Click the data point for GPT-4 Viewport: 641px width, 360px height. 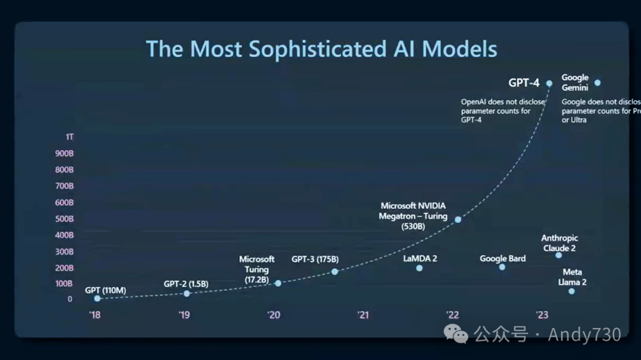(550, 83)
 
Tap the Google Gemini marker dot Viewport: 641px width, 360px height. (598, 83)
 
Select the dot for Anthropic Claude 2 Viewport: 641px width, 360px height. (559, 255)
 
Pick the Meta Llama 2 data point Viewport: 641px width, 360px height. (572, 291)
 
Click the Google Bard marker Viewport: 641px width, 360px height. (502, 267)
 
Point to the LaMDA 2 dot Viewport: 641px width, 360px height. (420, 268)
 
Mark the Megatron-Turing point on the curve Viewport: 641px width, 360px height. (458, 219)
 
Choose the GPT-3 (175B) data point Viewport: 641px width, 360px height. (335, 272)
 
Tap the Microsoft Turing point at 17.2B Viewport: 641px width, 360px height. (278, 283)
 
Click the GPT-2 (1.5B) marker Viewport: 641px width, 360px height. (187, 294)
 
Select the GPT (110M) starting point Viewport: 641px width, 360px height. (97, 298)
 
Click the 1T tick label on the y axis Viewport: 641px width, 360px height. (70, 137)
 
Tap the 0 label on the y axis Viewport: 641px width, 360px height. (70, 300)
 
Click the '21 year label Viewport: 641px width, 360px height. (363, 315)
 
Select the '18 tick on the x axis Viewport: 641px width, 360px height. (95, 315)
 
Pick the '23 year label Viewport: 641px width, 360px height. (542, 315)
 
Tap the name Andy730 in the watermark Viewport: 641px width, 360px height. (584, 335)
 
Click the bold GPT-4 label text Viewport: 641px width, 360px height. (524, 83)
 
